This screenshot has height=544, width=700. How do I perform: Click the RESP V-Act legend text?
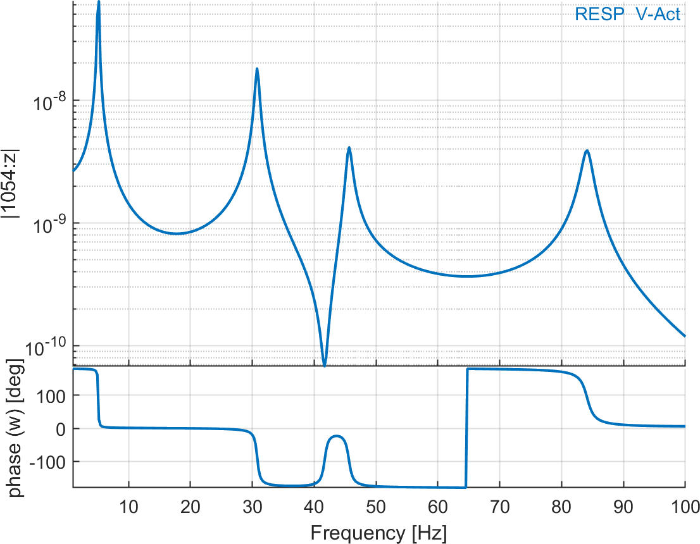628,14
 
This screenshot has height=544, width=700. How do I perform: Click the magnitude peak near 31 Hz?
257,68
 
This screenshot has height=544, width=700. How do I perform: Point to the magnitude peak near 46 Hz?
349,147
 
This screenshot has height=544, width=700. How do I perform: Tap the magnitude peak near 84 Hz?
587,151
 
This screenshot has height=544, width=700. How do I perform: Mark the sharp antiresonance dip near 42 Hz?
325,365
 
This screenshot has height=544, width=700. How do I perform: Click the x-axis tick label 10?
129,506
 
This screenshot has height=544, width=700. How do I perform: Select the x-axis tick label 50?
376,506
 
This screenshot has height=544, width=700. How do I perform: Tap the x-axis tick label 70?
500,506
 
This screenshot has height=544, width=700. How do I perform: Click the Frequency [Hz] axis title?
378,533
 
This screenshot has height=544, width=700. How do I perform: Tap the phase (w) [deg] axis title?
15,428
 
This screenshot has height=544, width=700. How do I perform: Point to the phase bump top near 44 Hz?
337,436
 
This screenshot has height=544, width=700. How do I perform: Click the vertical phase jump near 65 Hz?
466,428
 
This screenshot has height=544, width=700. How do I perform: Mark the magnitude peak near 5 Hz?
98,3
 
